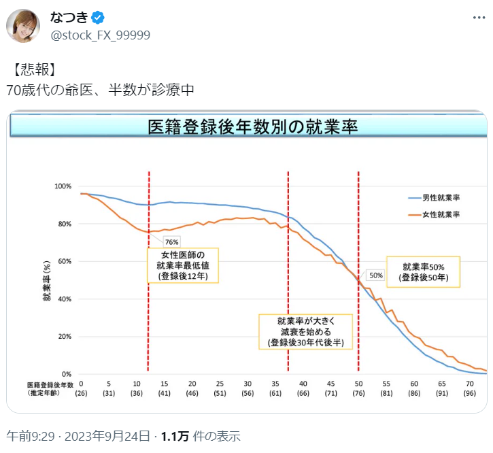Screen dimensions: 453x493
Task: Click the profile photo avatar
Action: pyautogui.click(x=23, y=26)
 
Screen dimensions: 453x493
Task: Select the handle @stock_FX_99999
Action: pyautogui.click(x=101, y=35)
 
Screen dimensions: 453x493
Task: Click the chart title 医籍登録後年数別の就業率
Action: pyautogui.click(x=252, y=127)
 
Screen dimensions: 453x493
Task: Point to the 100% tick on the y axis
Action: pyautogui.click(x=63, y=186)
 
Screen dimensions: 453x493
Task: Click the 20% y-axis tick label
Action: pyautogui.click(x=65, y=337)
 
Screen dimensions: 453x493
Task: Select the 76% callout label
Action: pyautogui.click(x=171, y=242)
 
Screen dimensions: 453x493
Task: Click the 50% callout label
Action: pyautogui.click(x=376, y=275)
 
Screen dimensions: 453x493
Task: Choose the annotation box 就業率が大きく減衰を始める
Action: pyautogui.click(x=305, y=331)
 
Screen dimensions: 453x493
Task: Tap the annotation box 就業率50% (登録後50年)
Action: pyautogui.click(x=423, y=271)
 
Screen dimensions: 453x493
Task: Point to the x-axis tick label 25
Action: pyautogui.click(x=220, y=384)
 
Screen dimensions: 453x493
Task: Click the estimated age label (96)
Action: pyautogui.click(x=470, y=393)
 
